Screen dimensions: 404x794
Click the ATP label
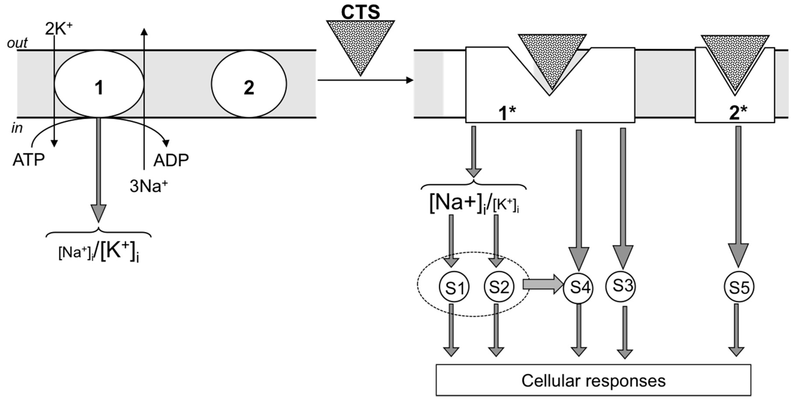[x=29, y=160]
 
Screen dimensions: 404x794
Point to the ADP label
[x=171, y=160]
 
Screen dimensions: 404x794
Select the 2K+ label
[x=59, y=30]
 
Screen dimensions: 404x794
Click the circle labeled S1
[x=454, y=287]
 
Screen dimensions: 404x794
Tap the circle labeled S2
[x=499, y=287]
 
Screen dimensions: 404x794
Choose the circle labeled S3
[x=621, y=286]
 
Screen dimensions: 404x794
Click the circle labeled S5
[x=739, y=287]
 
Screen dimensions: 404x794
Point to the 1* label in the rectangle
[x=507, y=113]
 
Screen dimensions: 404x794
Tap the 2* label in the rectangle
[x=738, y=113]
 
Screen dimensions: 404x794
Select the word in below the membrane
[x=17, y=128]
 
